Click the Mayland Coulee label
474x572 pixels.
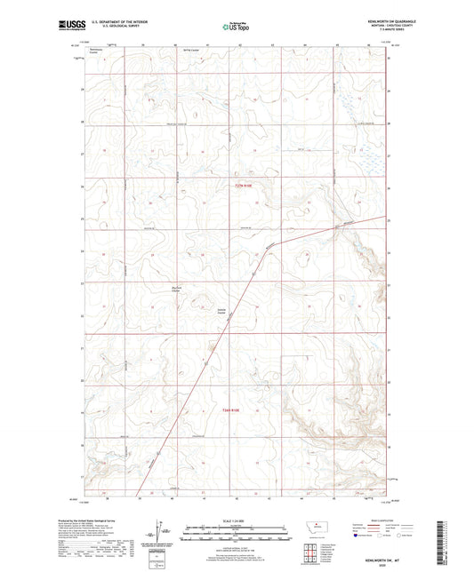click(176, 289)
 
